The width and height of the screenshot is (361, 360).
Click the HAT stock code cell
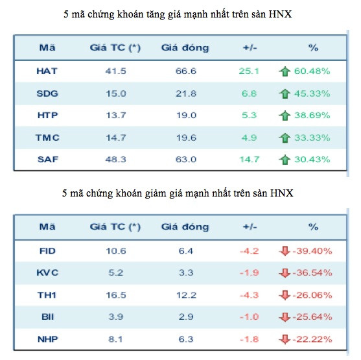47,71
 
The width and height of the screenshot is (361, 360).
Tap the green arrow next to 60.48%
283,71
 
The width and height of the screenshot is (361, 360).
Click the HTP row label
47,115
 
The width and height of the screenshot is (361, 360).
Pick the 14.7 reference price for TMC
115,138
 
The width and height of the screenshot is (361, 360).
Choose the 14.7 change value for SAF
250,160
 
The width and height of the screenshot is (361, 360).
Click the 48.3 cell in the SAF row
115,160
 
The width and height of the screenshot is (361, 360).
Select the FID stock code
47,250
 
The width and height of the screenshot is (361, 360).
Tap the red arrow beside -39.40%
283,250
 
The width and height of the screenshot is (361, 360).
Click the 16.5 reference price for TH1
115,294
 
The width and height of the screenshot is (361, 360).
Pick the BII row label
47,317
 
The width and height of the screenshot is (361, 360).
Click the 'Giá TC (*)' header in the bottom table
115,227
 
